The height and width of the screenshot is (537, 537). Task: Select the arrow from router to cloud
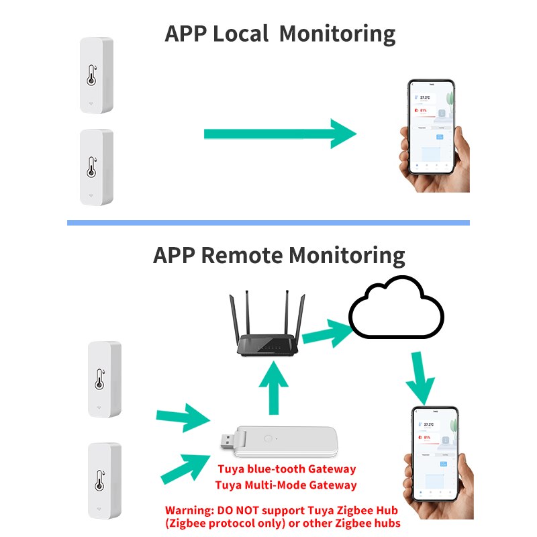tap(327, 331)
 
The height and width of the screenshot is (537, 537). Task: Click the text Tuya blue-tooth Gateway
tap(286, 469)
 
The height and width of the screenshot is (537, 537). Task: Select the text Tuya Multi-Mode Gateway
tap(286, 485)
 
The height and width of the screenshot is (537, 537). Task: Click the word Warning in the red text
tap(190, 509)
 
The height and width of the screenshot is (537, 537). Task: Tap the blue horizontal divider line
tap(268, 223)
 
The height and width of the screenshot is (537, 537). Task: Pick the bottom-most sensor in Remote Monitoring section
tap(105, 478)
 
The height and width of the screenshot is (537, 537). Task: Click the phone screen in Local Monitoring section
tap(432, 128)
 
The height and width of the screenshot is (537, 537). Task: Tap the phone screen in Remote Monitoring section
tap(435, 454)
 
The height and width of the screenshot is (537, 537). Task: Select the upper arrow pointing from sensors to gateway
tap(181, 418)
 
